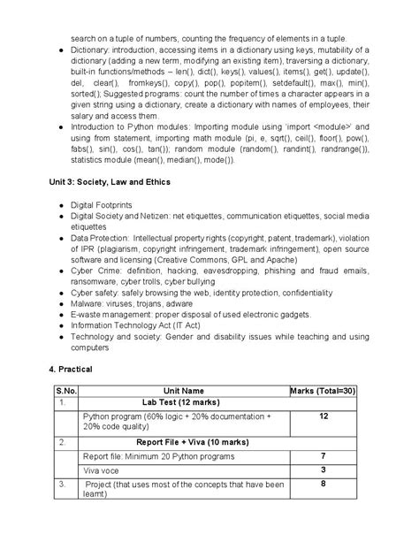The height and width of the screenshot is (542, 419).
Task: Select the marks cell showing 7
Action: pyautogui.click(x=324, y=454)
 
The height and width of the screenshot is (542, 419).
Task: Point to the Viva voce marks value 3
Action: pyautogui.click(x=324, y=469)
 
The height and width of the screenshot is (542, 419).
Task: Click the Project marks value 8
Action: pyautogui.click(x=324, y=484)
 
